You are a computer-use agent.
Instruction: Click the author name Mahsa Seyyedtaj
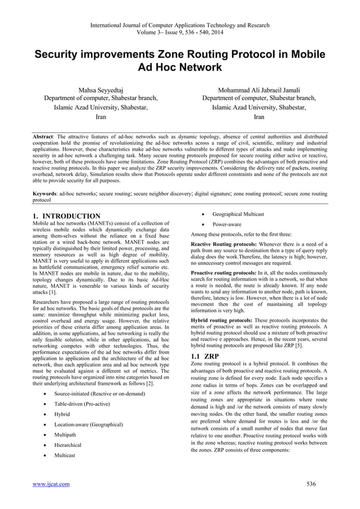point(100,90)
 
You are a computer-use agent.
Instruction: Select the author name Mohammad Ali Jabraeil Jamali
point(259,90)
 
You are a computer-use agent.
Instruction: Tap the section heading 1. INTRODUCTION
point(67,216)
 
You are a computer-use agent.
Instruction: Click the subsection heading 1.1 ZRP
point(205,357)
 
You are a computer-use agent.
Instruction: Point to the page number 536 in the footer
point(310,484)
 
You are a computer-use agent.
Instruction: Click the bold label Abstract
point(43,137)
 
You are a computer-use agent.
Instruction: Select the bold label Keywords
point(46,193)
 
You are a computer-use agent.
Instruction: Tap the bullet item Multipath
point(65,435)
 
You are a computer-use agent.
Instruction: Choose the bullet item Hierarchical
point(68,445)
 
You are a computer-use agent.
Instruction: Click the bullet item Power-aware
point(227,224)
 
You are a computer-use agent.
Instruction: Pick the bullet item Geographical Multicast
point(238,214)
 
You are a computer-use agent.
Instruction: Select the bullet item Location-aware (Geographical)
point(88,424)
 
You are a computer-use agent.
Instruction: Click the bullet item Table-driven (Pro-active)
point(83,403)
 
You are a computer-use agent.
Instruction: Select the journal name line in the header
point(180,25)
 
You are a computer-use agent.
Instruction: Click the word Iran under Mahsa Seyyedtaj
point(100,117)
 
